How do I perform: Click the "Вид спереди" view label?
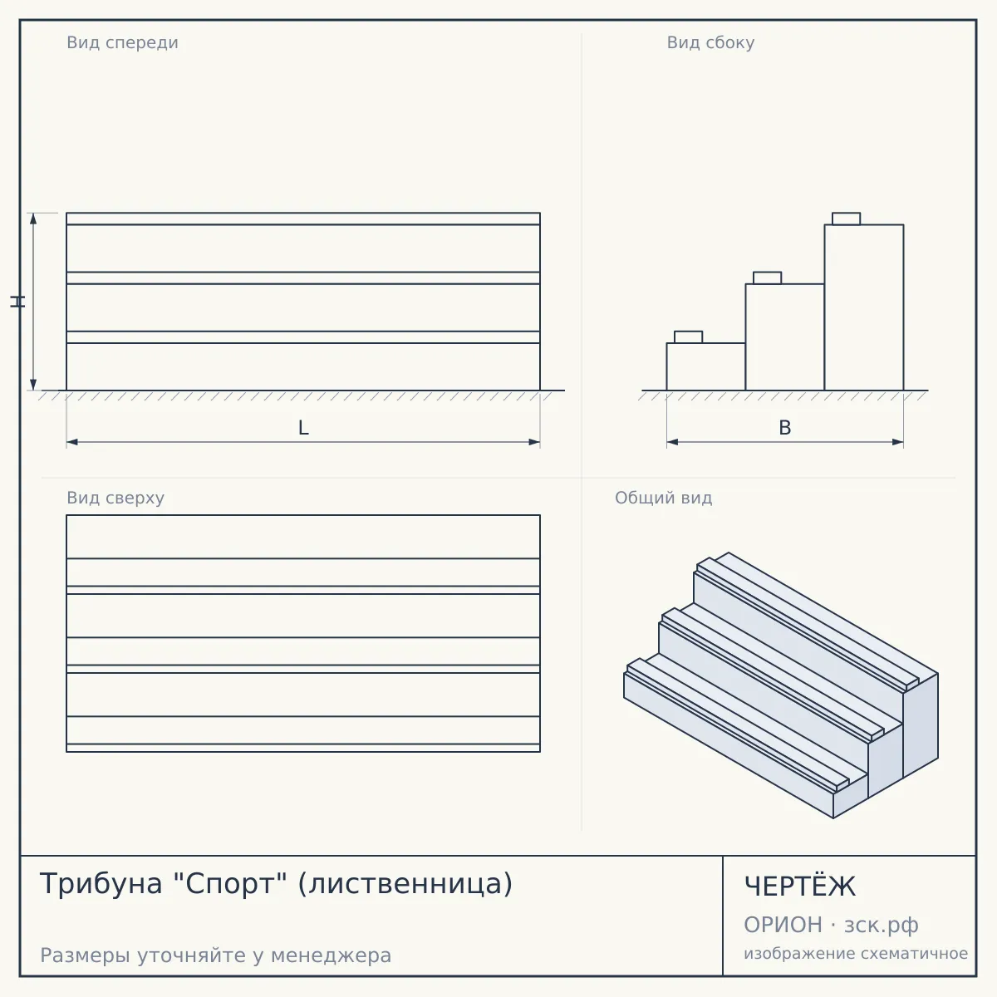point(123,42)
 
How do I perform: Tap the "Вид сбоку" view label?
point(710,42)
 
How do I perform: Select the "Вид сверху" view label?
point(115,498)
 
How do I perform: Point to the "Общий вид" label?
point(663,498)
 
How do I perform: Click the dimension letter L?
point(303,428)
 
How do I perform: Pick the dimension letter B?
point(785,428)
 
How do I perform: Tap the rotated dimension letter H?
point(17,302)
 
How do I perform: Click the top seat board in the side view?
point(846,219)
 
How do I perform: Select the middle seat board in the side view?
point(768,277)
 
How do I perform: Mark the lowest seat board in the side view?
point(688,336)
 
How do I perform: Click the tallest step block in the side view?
point(864,307)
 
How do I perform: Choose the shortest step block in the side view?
point(705,366)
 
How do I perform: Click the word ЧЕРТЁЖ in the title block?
point(800,886)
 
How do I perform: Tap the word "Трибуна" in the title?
point(101,884)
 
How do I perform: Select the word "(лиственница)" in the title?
point(405,884)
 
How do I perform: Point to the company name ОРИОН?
point(783,925)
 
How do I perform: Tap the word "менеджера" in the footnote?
point(332,955)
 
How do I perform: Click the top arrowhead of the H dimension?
point(33,219)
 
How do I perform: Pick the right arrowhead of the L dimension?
point(534,442)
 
